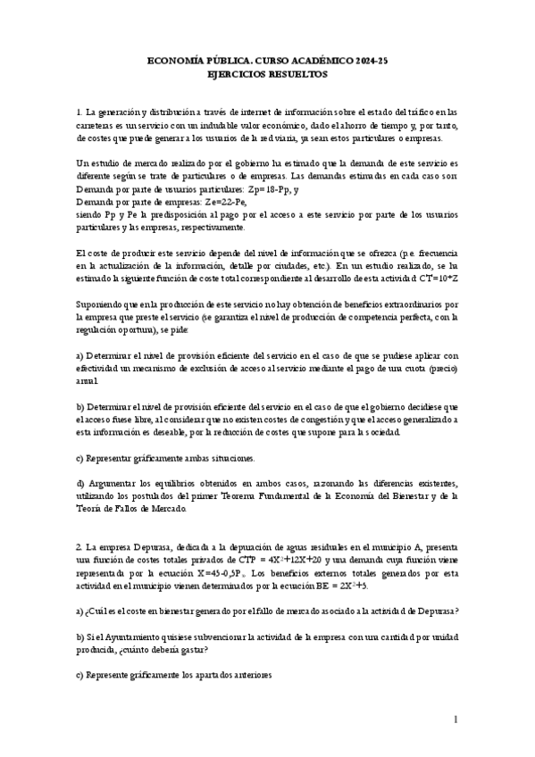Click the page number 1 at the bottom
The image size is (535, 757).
(456, 719)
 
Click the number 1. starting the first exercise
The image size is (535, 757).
(79, 112)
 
